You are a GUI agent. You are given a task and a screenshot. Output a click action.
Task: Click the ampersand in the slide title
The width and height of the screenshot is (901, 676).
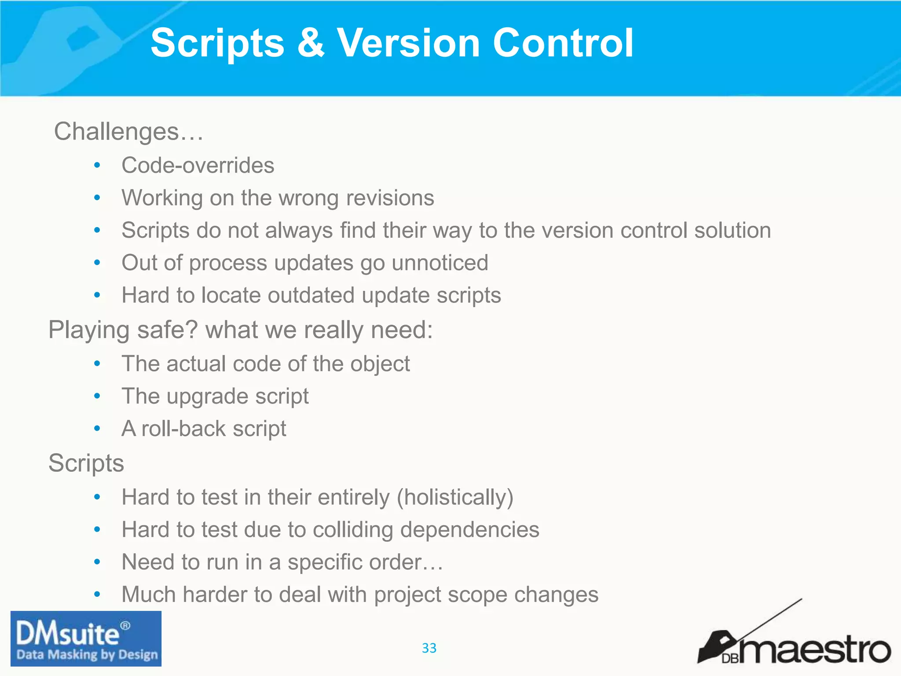coord(311,43)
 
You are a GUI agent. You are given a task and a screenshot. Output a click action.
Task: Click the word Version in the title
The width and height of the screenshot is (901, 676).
coord(408,43)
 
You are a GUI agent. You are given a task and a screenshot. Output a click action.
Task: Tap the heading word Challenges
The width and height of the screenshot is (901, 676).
coord(117,131)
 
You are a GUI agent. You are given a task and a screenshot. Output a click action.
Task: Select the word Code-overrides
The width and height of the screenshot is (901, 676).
coord(198,165)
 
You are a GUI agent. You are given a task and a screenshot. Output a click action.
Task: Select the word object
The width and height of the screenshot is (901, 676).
coord(380,364)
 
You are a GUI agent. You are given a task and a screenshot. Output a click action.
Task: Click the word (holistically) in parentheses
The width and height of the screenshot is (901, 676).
coord(455,497)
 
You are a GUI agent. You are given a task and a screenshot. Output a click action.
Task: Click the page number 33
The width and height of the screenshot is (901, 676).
coord(429,648)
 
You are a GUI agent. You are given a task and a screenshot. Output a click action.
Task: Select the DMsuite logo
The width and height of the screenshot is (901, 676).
coord(86,639)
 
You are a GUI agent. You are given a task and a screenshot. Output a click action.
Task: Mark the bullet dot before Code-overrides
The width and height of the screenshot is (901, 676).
coord(97,165)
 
